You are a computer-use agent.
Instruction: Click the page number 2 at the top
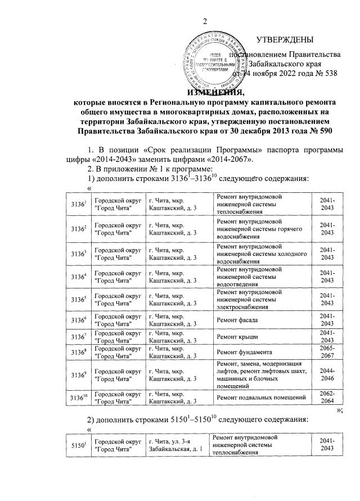coord(205,21)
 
